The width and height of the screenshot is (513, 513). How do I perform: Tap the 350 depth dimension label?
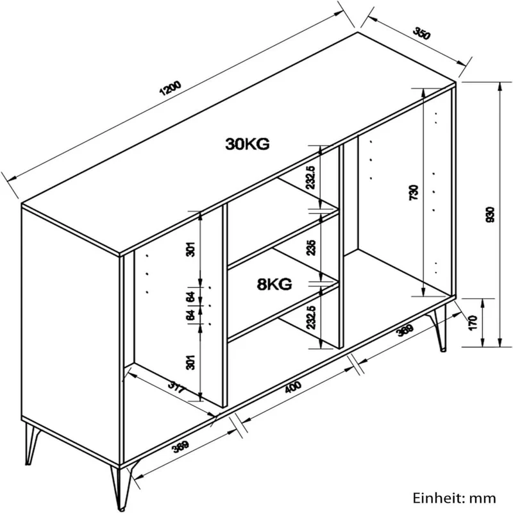[x=422, y=33]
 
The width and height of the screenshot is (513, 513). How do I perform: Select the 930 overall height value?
[x=491, y=215]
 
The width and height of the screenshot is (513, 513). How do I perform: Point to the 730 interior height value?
[x=414, y=192]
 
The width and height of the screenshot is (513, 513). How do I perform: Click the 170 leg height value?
[x=473, y=323]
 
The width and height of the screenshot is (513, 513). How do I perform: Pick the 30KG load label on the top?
[x=248, y=144]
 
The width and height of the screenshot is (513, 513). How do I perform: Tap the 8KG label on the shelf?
[x=274, y=284]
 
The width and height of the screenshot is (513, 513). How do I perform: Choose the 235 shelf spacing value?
[x=311, y=248]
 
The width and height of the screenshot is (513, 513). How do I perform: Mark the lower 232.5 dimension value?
[x=311, y=317]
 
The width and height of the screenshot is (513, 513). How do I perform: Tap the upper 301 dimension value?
[x=190, y=249]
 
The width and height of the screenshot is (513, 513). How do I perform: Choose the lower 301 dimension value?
[x=190, y=362]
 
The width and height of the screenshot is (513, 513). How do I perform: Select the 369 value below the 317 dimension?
[x=181, y=446]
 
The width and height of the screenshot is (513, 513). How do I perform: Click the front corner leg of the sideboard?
[x=122, y=486]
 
